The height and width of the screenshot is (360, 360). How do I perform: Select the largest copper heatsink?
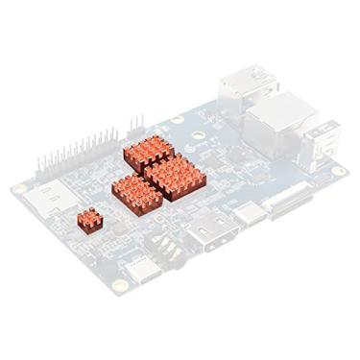(172, 176)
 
